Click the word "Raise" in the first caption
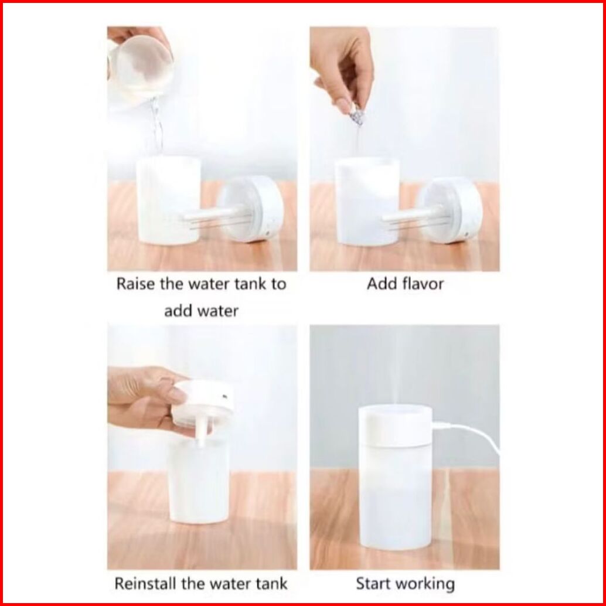[x=135, y=284]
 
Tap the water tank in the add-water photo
[x=169, y=200]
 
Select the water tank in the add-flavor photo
[x=367, y=202]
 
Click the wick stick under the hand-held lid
[x=201, y=433]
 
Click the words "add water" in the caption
[x=202, y=311]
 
